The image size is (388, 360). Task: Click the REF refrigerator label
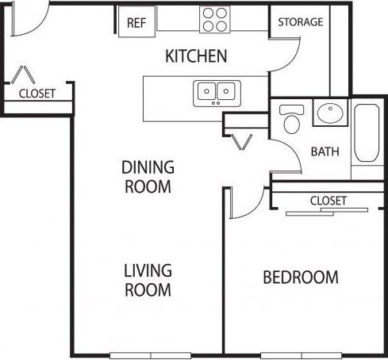[x=136, y=23]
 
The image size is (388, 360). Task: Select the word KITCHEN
[x=196, y=56]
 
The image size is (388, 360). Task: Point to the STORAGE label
[x=300, y=22]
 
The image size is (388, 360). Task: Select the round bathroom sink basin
[x=328, y=113]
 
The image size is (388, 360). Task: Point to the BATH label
[x=325, y=151]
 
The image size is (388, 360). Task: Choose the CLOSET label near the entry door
[x=36, y=93]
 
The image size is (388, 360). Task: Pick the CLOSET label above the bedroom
[x=328, y=201]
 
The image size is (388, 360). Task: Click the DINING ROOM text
[x=147, y=177]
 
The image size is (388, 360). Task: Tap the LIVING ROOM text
[x=147, y=281]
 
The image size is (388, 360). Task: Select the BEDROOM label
[x=301, y=278]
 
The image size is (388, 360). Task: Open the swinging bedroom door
[x=246, y=202]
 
